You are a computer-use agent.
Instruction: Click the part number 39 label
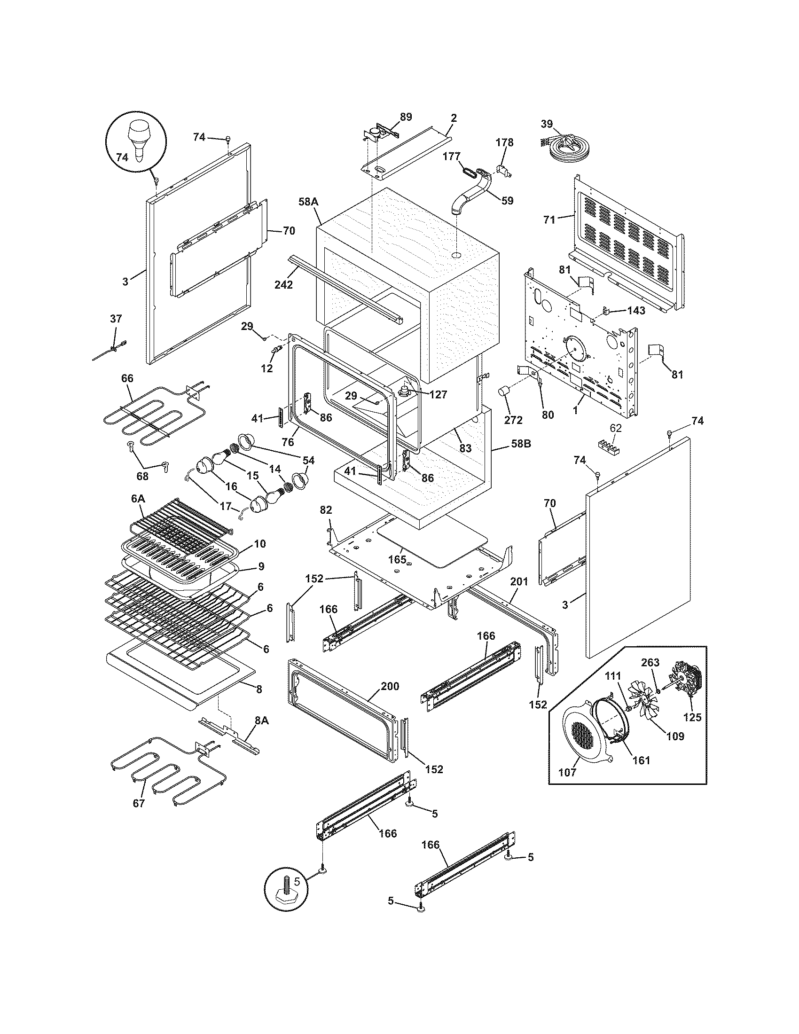[x=547, y=124]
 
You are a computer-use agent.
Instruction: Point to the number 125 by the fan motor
[x=692, y=717]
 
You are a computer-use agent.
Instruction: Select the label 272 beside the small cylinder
[x=514, y=419]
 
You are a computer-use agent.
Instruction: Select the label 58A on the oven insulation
[x=308, y=202]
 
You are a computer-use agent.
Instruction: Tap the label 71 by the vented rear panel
[x=548, y=219]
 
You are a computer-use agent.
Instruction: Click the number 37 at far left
[x=116, y=319]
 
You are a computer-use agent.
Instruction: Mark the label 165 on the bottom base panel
[x=397, y=559]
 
